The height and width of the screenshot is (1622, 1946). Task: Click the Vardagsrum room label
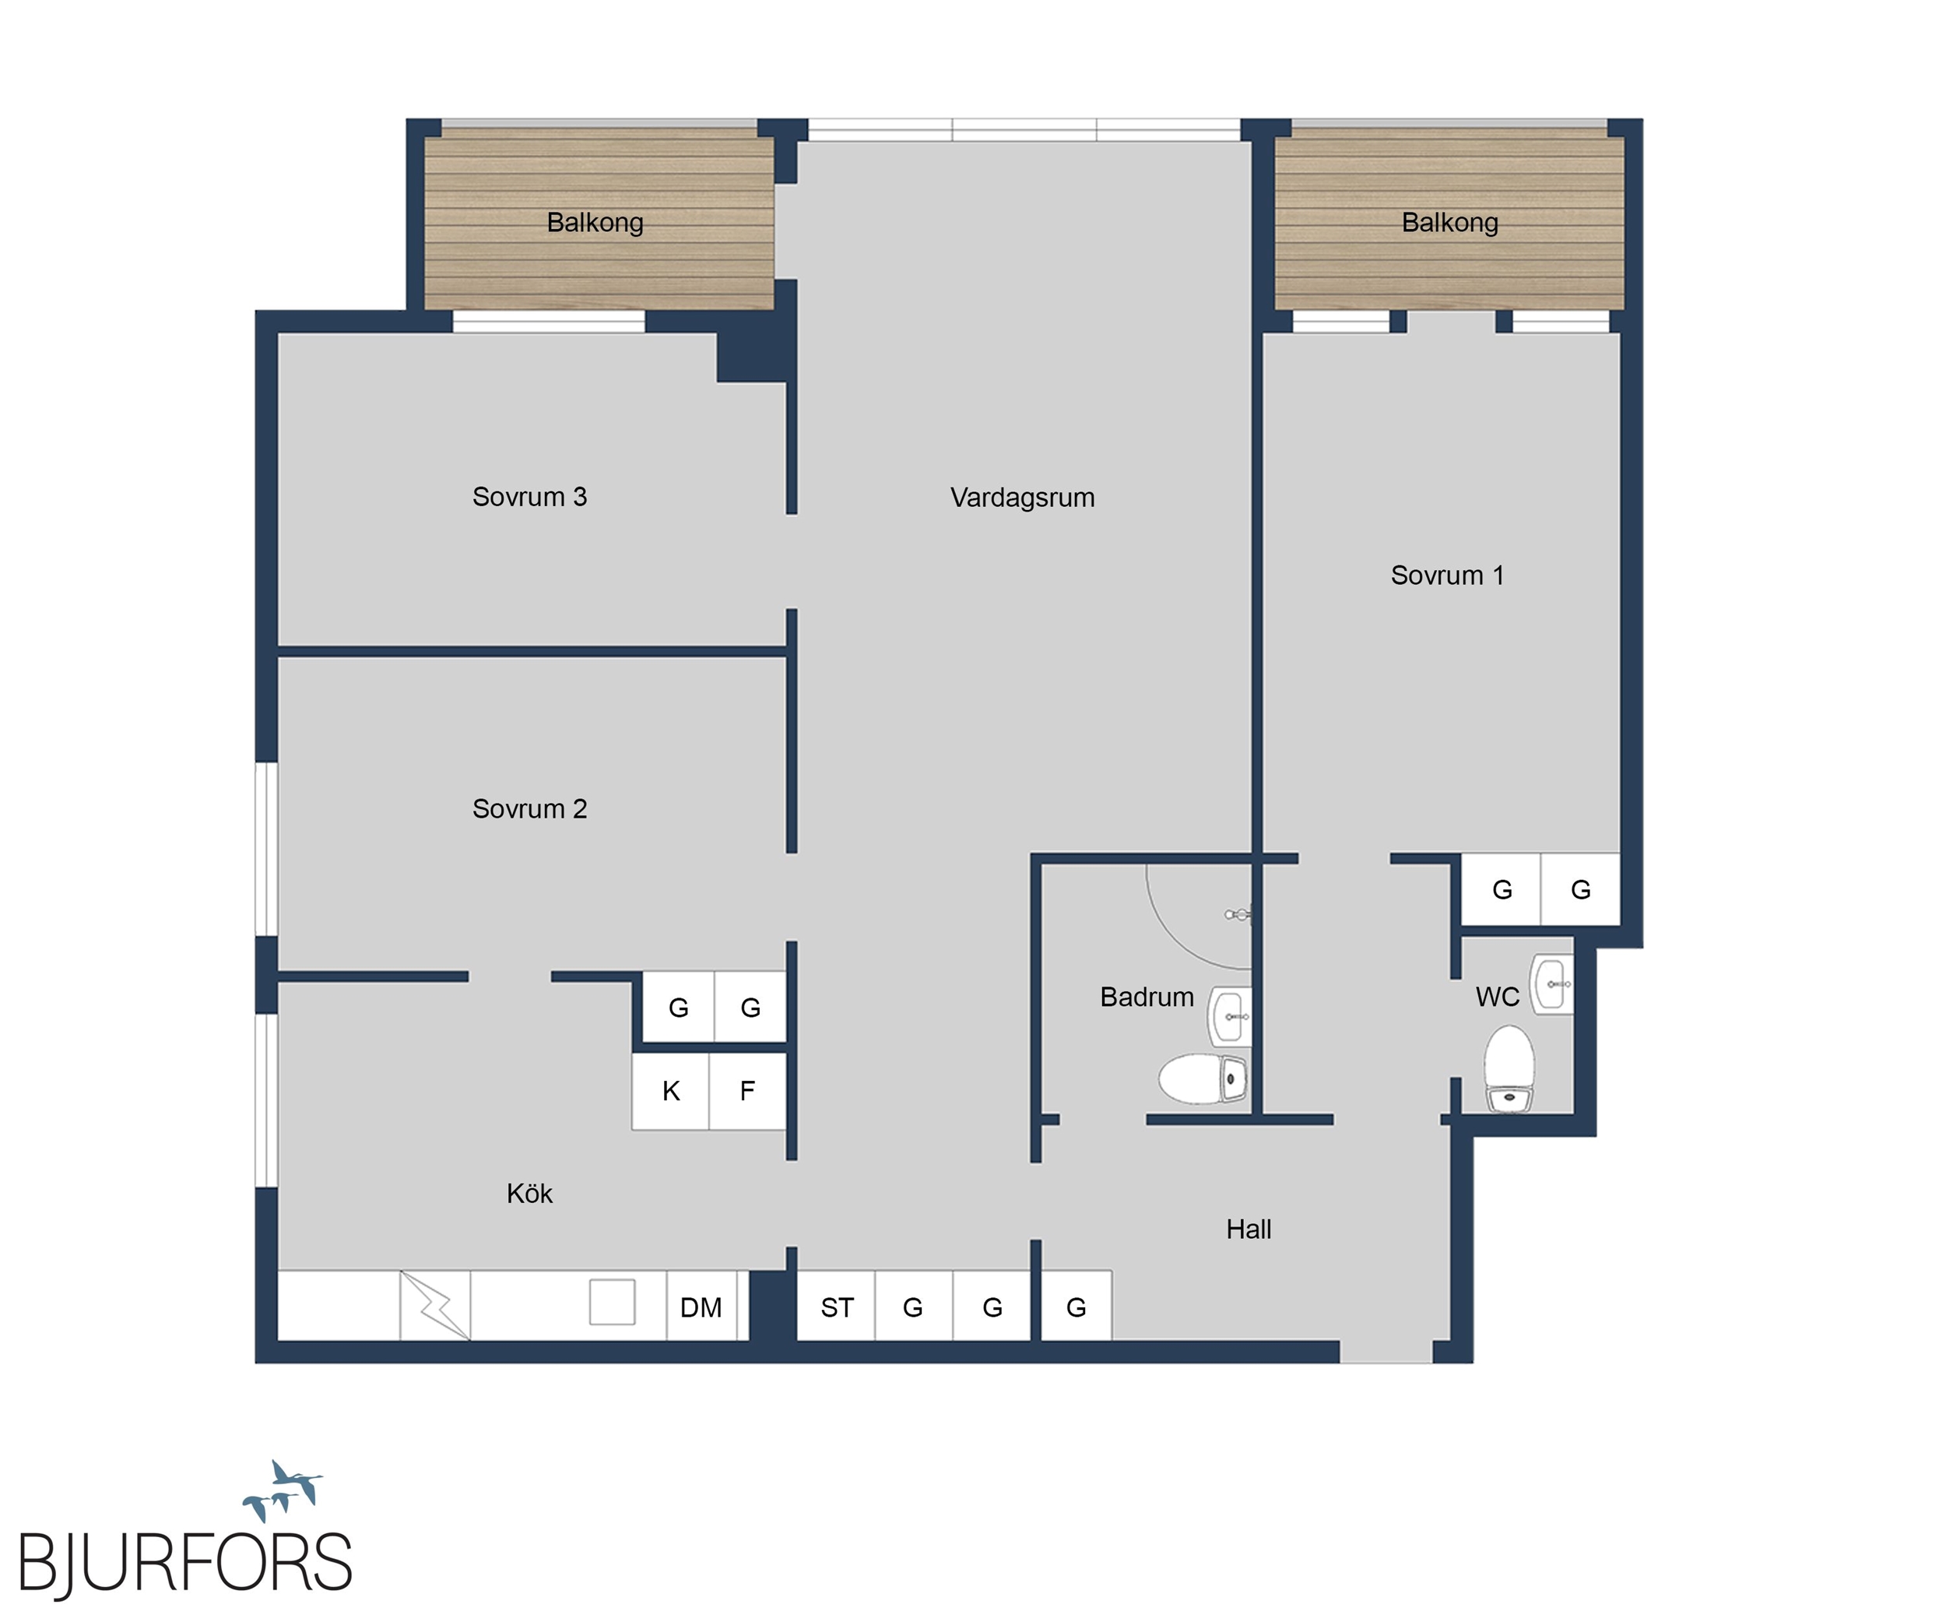tap(1022, 498)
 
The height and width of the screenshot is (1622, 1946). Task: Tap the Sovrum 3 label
tap(529, 497)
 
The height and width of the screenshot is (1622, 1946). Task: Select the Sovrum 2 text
tap(529, 809)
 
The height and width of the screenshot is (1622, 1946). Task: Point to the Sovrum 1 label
tap(1446, 575)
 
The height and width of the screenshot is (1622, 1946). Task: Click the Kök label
tap(529, 1193)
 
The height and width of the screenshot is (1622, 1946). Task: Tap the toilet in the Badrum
tap(1203, 1078)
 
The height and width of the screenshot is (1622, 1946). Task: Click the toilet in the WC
tap(1509, 1068)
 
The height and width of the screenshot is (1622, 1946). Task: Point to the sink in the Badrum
tap(1231, 1017)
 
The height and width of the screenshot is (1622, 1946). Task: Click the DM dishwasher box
tap(701, 1306)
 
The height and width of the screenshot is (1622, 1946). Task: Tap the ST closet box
tap(836, 1306)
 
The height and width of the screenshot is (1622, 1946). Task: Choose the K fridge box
tap(671, 1091)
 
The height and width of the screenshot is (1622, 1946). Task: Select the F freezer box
tap(748, 1091)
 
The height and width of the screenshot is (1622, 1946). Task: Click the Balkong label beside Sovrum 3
tap(595, 223)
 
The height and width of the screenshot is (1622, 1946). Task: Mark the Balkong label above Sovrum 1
tap(1449, 223)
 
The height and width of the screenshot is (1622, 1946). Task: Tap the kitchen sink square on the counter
tap(613, 1302)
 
